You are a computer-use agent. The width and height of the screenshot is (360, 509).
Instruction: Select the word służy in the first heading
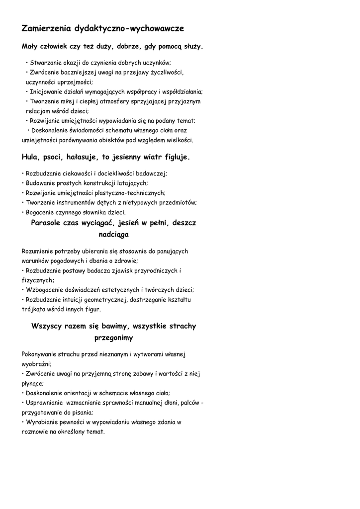(193, 47)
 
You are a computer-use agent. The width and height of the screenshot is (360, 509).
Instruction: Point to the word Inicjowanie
(47, 92)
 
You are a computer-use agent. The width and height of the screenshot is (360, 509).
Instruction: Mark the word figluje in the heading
(177, 157)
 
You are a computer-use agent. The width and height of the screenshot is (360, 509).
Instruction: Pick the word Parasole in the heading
(46, 223)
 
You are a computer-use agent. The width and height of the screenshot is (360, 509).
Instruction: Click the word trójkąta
(33, 309)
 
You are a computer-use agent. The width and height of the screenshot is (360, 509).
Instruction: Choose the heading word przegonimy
(113, 338)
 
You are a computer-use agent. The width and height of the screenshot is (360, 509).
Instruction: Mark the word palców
(190, 403)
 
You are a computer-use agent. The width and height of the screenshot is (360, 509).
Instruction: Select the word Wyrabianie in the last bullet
(41, 422)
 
